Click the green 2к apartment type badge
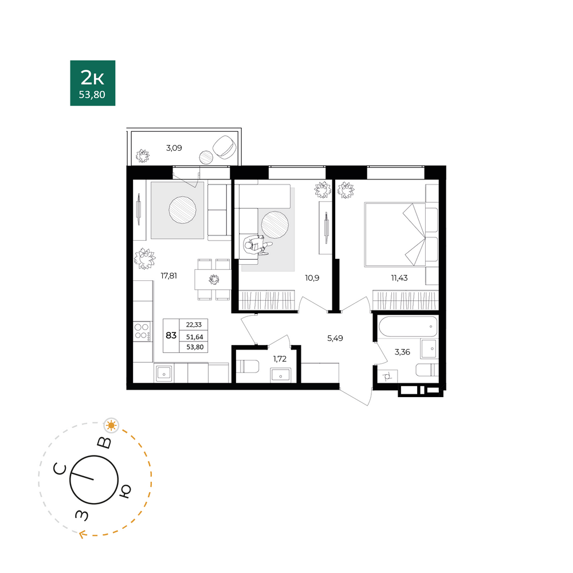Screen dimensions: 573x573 click(x=93, y=83)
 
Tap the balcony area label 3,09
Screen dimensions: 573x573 click(x=174, y=148)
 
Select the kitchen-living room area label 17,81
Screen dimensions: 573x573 click(x=169, y=276)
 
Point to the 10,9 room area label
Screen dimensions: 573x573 click(x=312, y=278)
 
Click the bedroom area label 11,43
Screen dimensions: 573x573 click(x=399, y=278)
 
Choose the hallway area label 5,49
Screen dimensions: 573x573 click(x=335, y=339)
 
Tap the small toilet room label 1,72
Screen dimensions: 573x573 click(x=280, y=359)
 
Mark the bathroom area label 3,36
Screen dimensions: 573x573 click(x=402, y=352)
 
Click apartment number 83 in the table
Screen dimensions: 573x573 click(x=171, y=335)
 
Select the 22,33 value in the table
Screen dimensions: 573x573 click(x=194, y=325)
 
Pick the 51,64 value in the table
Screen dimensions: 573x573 click(x=194, y=337)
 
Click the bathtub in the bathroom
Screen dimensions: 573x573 click(x=408, y=327)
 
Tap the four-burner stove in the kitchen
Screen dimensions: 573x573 click(x=142, y=331)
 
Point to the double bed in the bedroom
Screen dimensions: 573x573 click(x=395, y=234)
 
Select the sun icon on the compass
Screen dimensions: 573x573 click(x=112, y=426)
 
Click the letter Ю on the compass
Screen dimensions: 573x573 click(x=125, y=492)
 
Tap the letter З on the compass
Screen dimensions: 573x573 click(x=82, y=515)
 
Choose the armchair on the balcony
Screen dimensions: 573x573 click(x=224, y=147)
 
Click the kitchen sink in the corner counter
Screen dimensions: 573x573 click(x=164, y=374)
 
